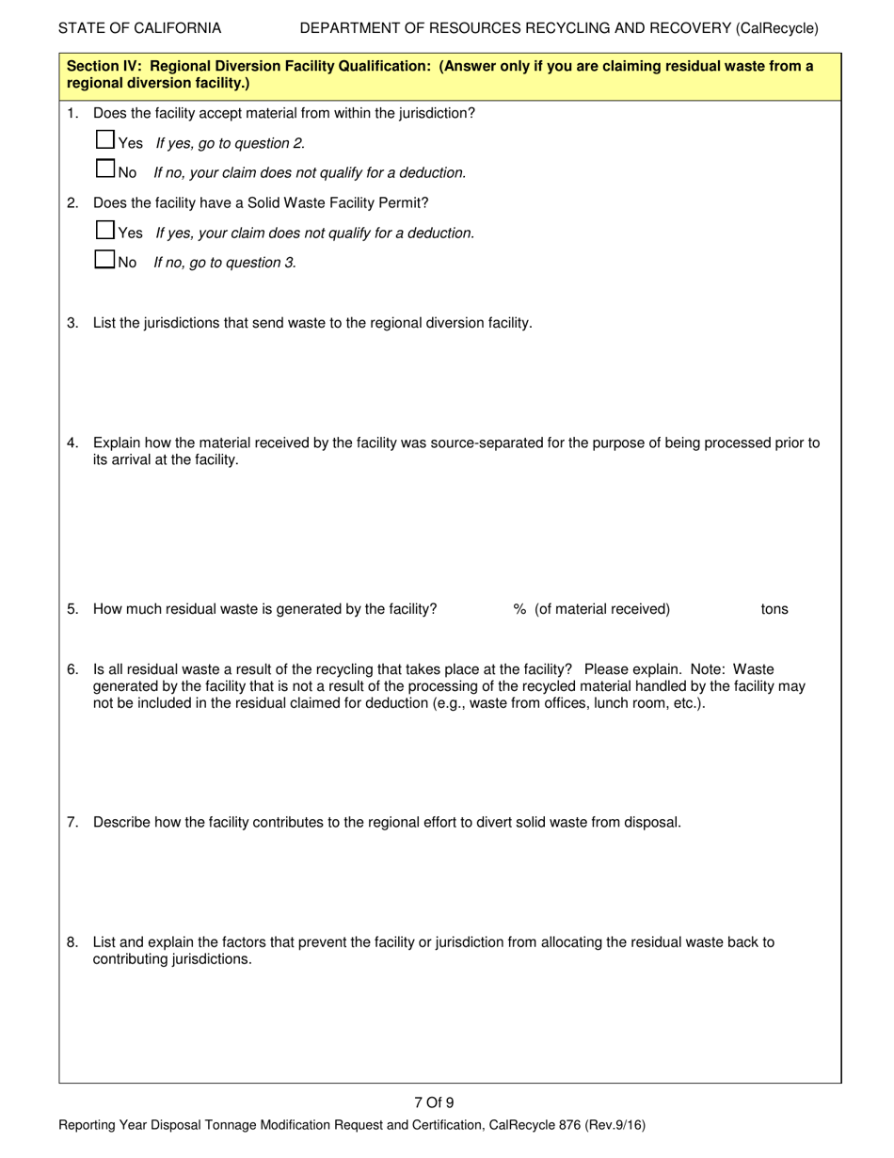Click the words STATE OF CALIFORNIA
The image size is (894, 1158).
coord(140,28)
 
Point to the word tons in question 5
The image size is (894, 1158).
coord(774,609)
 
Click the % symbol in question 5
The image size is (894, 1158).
coord(519,609)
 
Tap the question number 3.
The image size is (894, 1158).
coord(72,323)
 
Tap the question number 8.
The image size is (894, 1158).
coord(72,941)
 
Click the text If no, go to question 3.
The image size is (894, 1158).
coord(225,263)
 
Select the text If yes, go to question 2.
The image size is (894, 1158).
coord(231,143)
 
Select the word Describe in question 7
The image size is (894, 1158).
coord(120,822)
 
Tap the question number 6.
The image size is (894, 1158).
coord(72,669)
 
